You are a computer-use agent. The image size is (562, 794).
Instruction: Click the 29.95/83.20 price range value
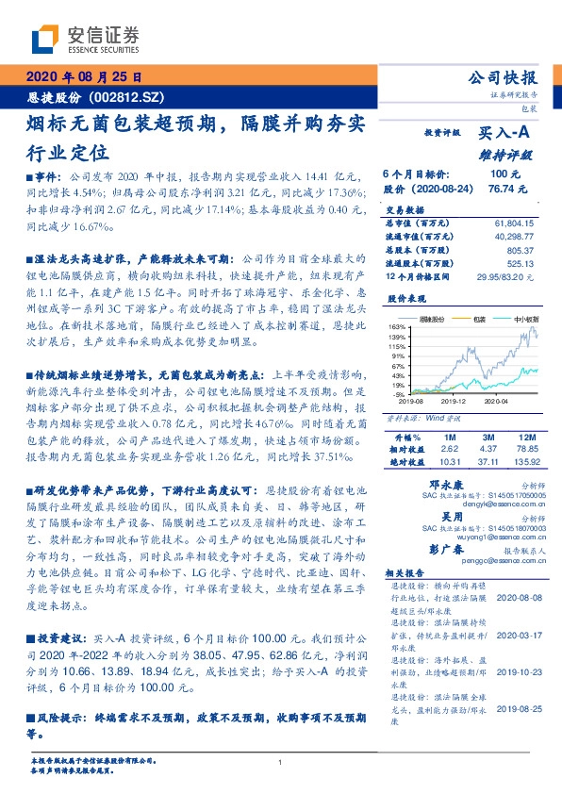coord(508,277)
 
